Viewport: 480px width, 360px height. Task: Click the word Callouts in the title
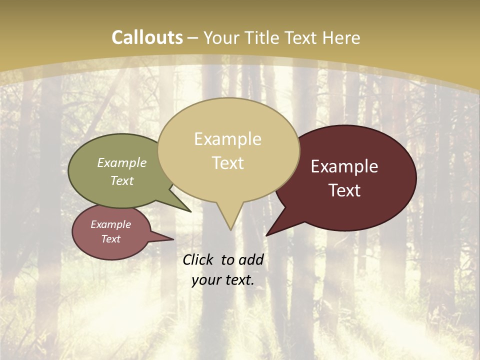click(147, 37)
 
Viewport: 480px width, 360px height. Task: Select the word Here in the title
click(341, 37)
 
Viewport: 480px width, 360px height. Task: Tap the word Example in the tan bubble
click(227, 139)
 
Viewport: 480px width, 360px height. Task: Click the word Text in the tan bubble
click(227, 163)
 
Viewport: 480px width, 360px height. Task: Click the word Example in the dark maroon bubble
click(344, 166)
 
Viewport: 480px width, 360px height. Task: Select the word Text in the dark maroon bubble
click(344, 190)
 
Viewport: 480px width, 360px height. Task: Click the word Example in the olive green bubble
click(122, 163)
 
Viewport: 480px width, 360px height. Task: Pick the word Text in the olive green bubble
click(122, 181)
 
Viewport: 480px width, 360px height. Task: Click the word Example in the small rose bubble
click(110, 224)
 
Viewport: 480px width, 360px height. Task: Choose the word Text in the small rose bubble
click(110, 239)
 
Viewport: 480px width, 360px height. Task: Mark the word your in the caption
click(204, 280)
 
